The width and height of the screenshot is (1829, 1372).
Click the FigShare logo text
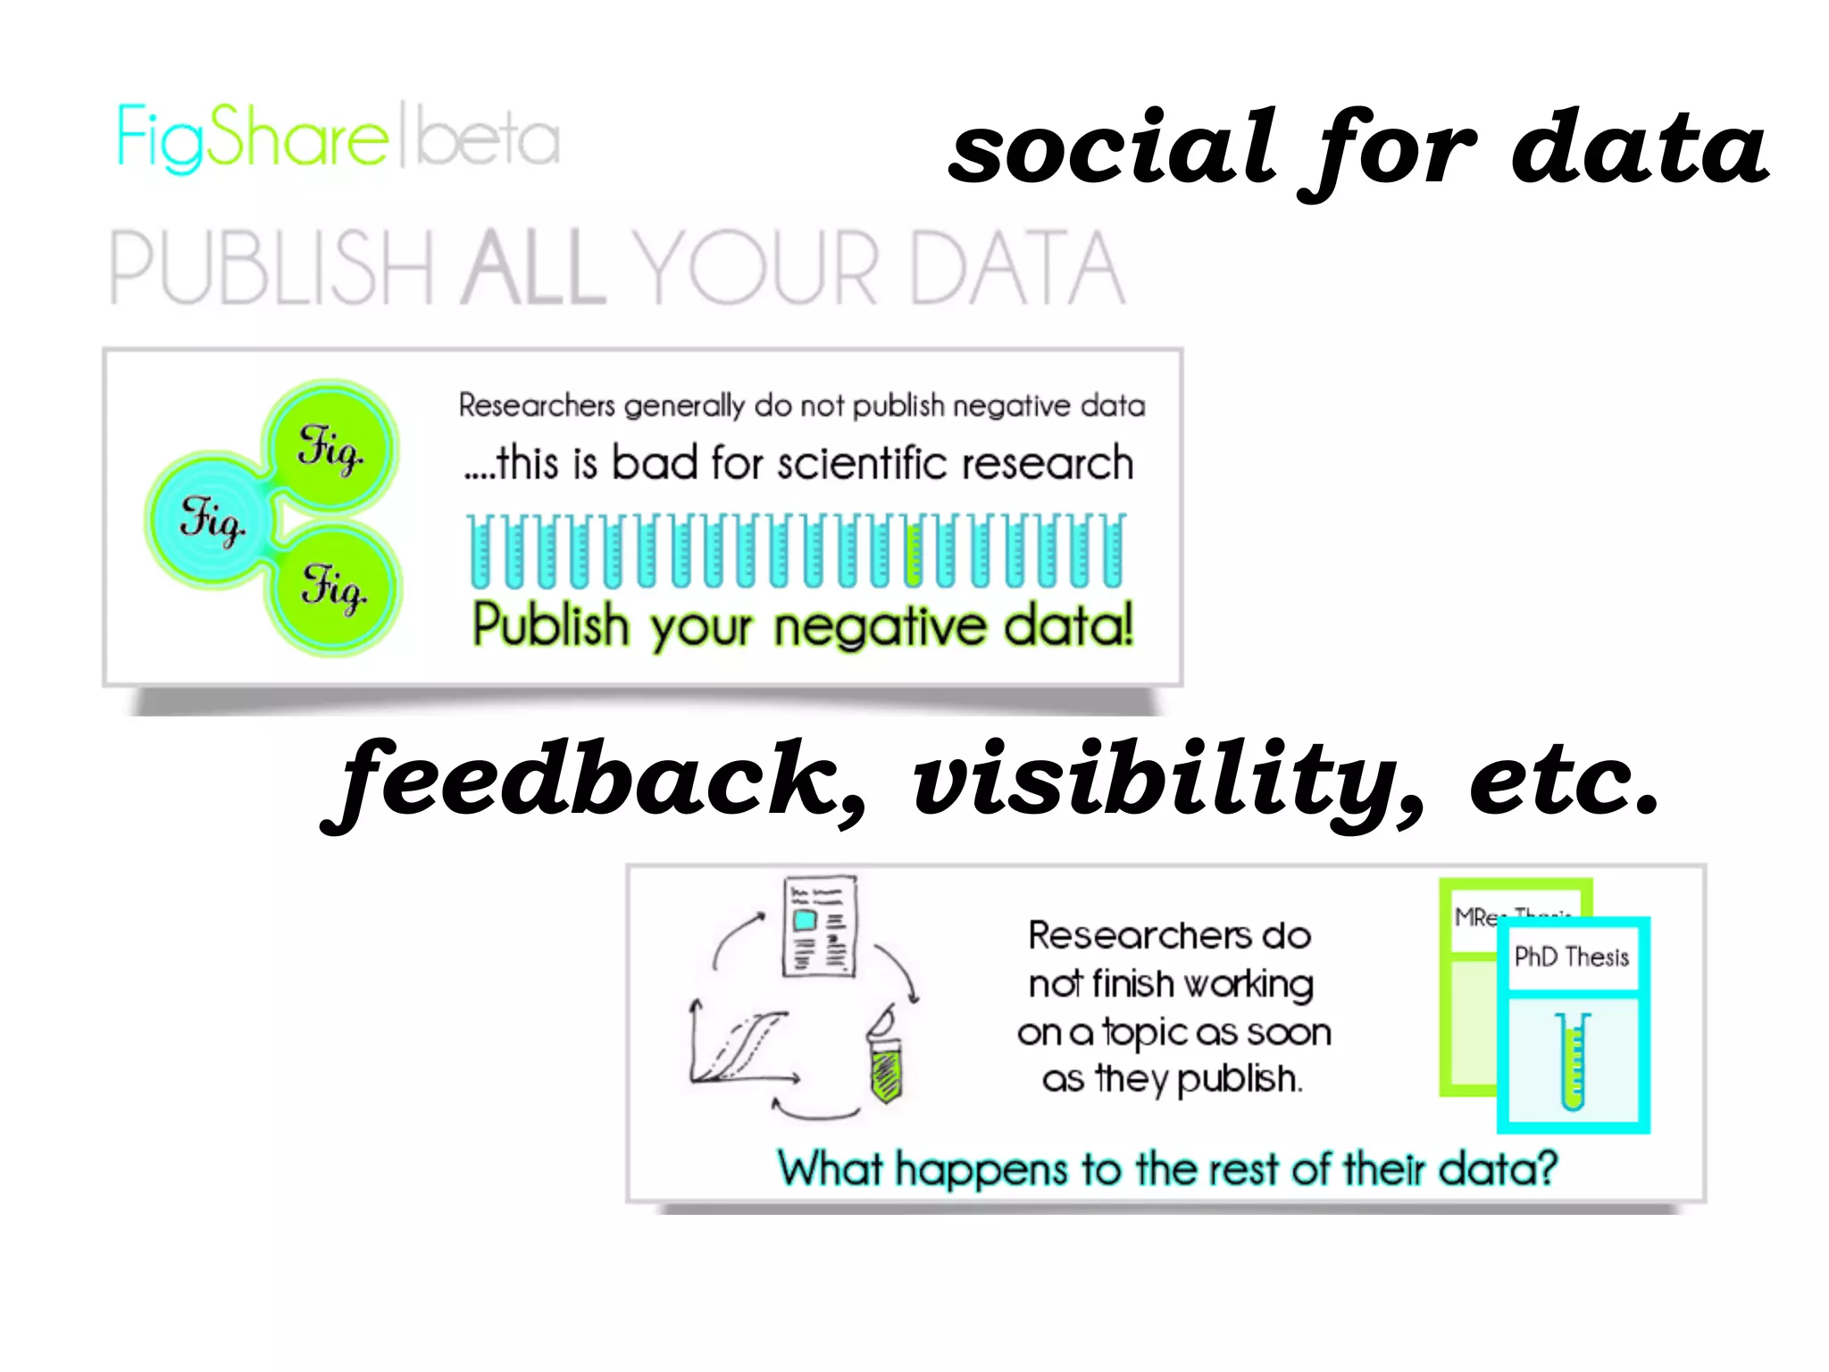pos(253,138)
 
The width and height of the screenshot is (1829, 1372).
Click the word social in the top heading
pos(1113,147)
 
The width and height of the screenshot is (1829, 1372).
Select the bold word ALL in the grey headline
pos(533,268)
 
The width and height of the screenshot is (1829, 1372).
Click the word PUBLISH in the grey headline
pos(271,268)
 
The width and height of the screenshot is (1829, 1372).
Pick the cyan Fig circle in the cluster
pos(211,519)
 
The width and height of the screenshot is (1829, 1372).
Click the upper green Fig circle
pos(331,446)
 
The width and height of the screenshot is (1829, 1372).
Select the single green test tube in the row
pos(913,551)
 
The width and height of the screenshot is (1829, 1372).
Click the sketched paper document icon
pos(819,926)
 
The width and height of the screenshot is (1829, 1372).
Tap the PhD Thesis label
pos(1572,958)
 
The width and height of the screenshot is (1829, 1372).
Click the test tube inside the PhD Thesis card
pos(1573,1060)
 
